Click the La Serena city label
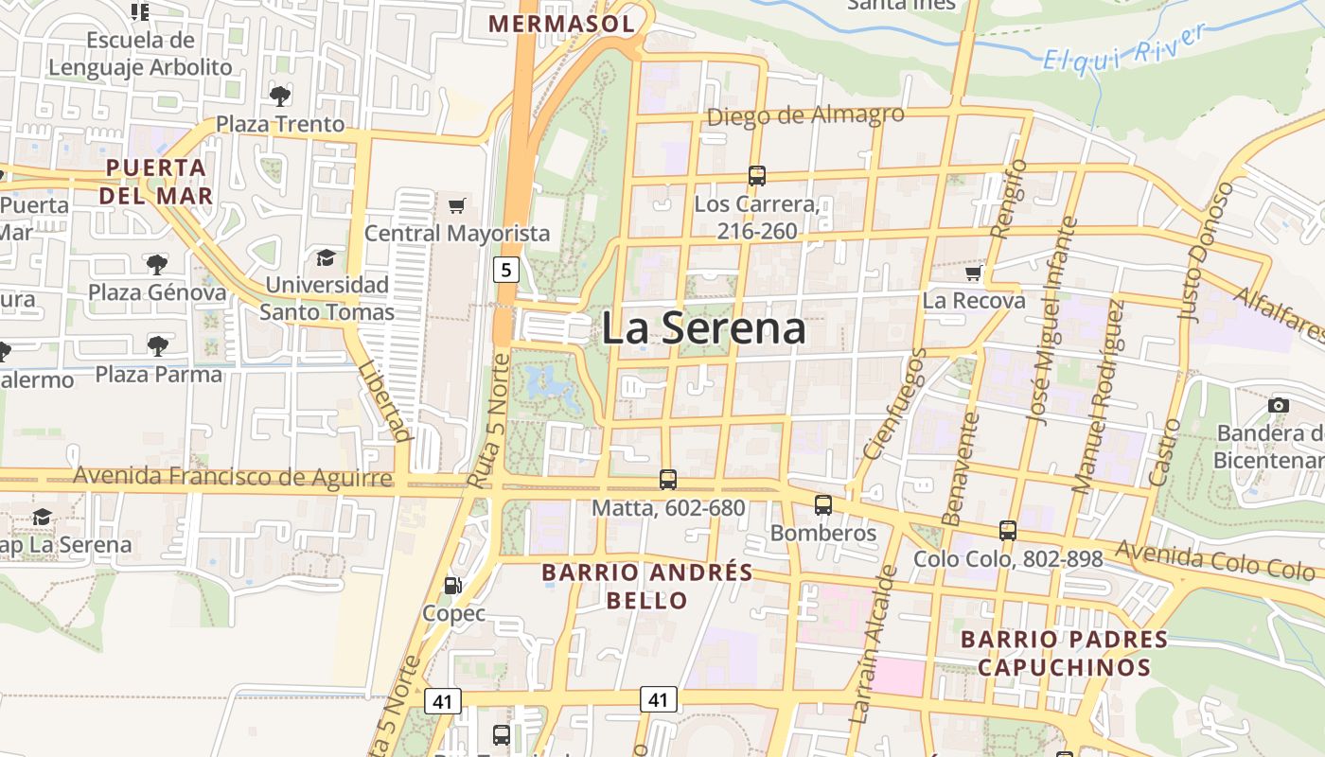(703, 328)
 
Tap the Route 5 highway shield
(506, 270)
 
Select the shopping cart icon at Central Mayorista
(457, 205)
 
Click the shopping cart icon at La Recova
(973, 273)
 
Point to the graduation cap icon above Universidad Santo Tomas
(326, 257)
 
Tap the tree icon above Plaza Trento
(279, 96)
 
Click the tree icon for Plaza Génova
(157, 264)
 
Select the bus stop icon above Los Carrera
(756, 175)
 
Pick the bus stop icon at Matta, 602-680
(668, 480)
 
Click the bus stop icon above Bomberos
(823, 505)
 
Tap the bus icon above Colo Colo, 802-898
(1008, 531)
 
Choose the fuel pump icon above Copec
(453, 586)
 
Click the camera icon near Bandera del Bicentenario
(1279, 406)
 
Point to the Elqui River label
(1124, 47)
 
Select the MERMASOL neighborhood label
(561, 24)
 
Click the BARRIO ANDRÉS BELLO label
(647, 586)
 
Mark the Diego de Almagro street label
(805, 115)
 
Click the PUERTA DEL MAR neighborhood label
(156, 182)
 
